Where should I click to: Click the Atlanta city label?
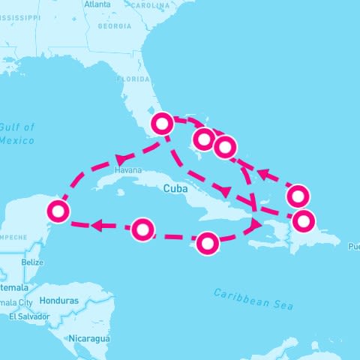(x=97, y=4)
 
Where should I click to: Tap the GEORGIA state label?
(x=114, y=25)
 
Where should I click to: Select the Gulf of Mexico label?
(x=16, y=133)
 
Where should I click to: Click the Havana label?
(x=127, y=170)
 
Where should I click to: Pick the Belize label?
(x=32, y=262)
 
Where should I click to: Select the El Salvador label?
(x=28, y=316)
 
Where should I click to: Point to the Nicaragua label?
(x=91, y=339)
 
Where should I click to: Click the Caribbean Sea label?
(x=253, y=298)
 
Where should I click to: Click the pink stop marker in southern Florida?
(x=163, y=124)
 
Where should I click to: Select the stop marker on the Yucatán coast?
(x=57, y=211)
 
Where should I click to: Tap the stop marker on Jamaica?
(x=208, y=243)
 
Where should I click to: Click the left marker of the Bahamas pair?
(x=203, y=139)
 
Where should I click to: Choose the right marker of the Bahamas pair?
(x=224, y=146)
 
